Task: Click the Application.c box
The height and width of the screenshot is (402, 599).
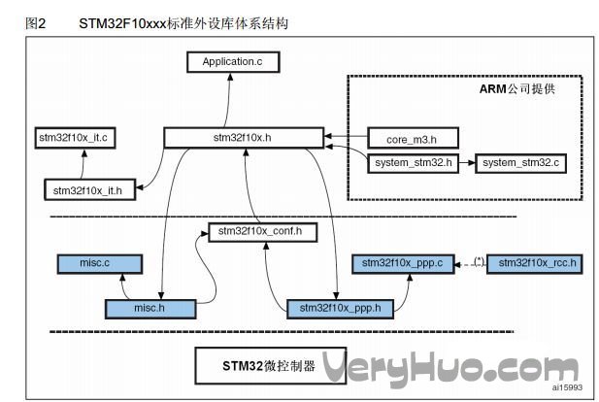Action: pyautogui.click(x=232, y=63)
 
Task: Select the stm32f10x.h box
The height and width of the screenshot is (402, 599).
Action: pyautogui.click(x=243, y=138)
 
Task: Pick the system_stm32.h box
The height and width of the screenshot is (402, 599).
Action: pyautogui.click(x=413, y=162)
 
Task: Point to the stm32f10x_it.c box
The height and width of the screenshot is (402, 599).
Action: pyautogui.click(x=75, y=138)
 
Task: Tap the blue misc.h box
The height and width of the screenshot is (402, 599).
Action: pyautogui.click(x=148, y=308)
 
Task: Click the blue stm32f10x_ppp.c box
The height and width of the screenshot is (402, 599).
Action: pyautogui.click(x=402, y=263)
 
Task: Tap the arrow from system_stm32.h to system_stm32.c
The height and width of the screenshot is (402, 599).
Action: pyautogui.click(x=467, y=162)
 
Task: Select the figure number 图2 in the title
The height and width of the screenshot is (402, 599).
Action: pyautogui.click(x=36, y=21)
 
